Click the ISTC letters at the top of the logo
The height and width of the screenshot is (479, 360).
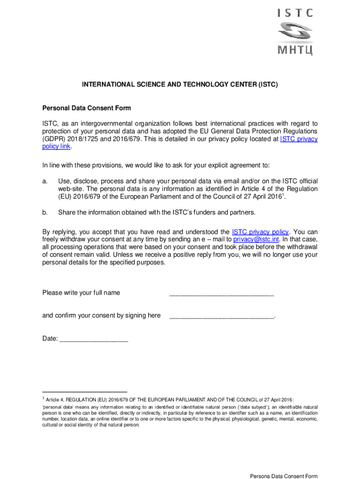(x=295, y=13)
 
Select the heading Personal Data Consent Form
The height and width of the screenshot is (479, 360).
(x=86, y=109)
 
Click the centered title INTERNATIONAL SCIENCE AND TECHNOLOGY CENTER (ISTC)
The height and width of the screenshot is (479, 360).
(x=180, y=85)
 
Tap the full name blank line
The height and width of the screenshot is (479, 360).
(x=221, y=293)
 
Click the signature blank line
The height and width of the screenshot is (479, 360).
(x=221, y=316)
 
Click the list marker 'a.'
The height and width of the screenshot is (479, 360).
(x=45, y=181)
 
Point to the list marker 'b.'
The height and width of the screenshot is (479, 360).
(x=45, y=212)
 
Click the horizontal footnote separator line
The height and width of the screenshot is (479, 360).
(x=85, y=392)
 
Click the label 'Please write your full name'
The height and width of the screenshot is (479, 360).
(x=81, y=293)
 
